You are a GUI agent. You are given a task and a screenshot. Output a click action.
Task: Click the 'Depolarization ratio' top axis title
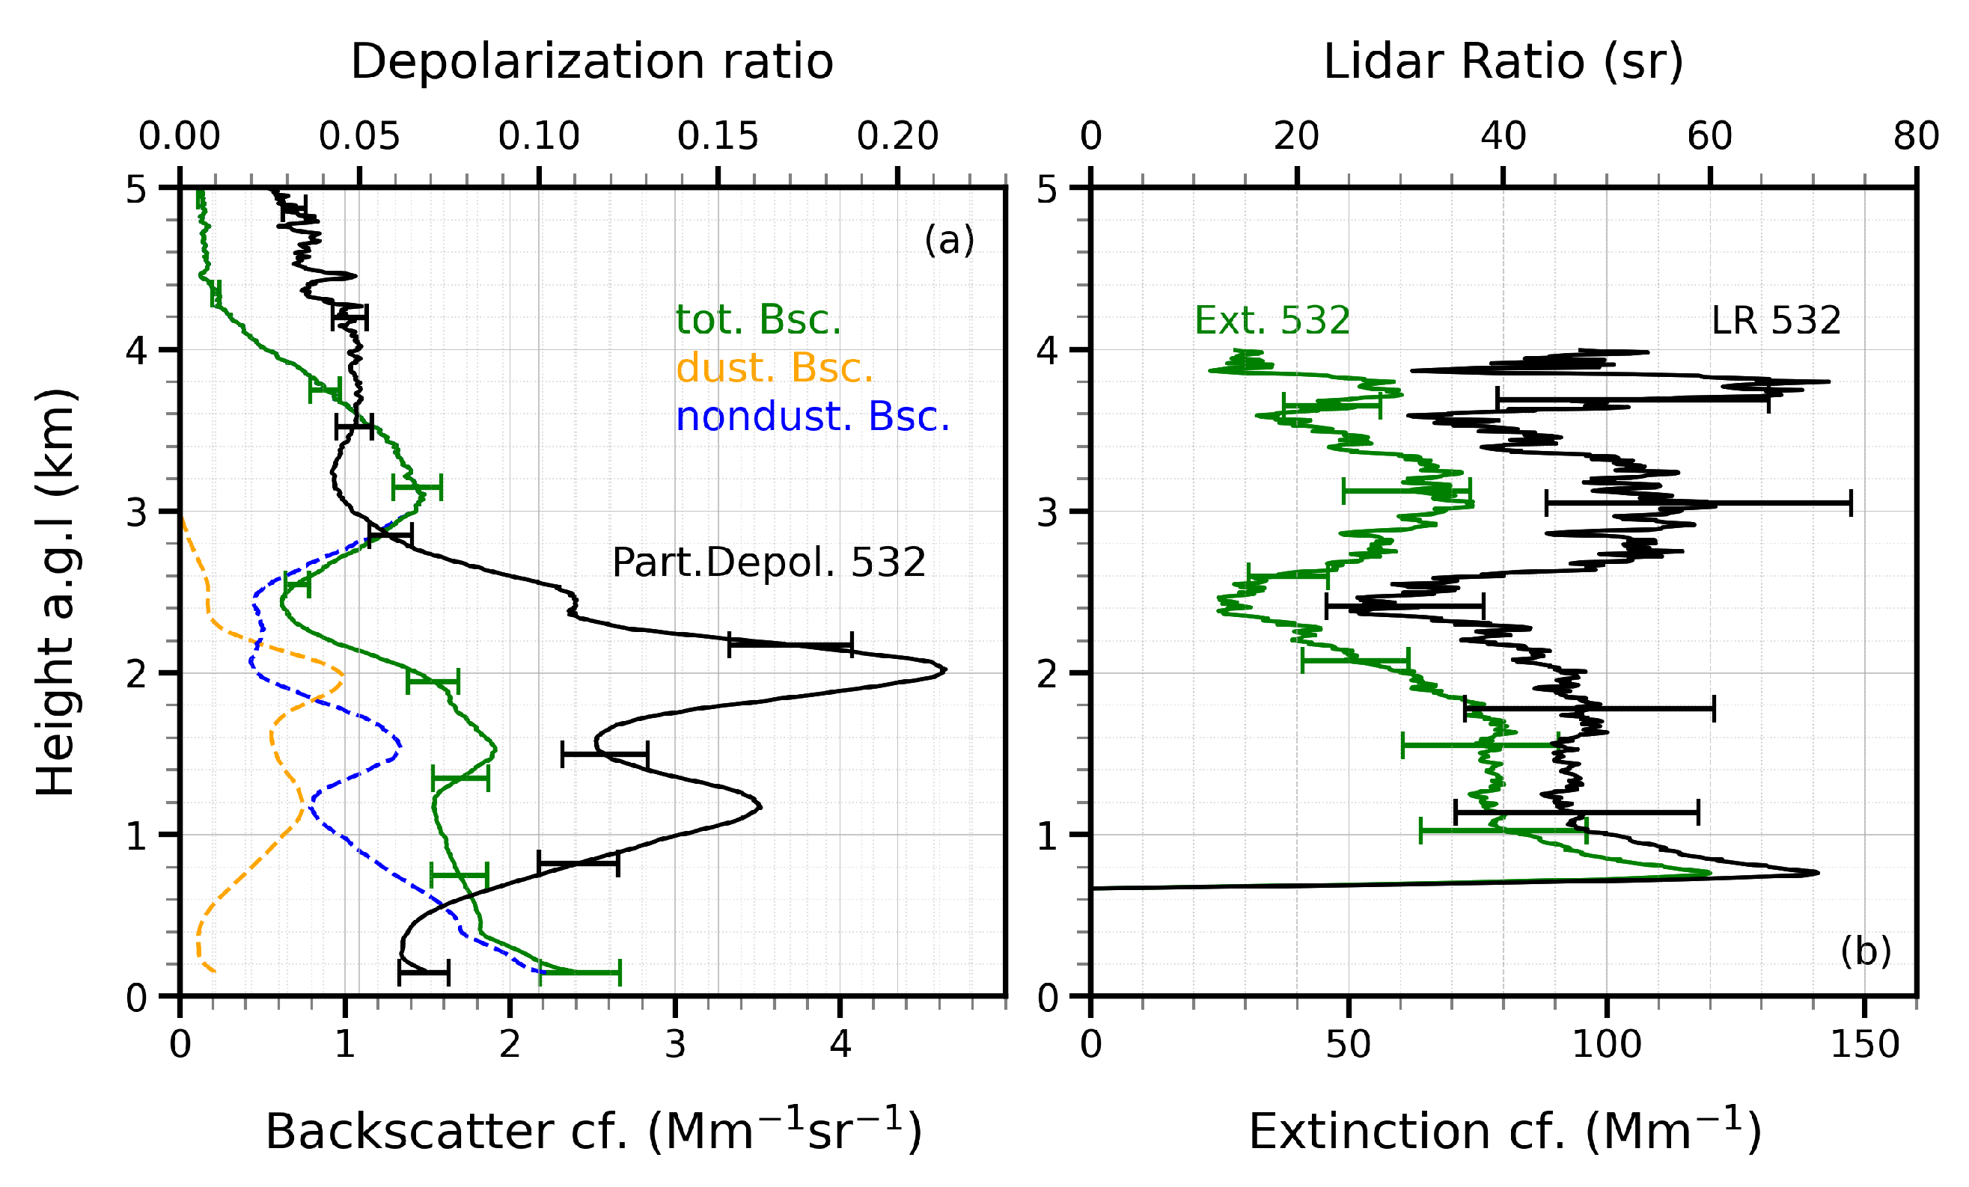[x=591, y=62]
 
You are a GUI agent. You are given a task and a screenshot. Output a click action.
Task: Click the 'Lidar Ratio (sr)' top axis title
[x=1502, y=62]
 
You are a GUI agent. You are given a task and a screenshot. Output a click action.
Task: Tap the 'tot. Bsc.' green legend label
[x=758, y=319]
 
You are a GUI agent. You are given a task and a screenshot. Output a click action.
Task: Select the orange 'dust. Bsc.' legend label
[x=775, y=368]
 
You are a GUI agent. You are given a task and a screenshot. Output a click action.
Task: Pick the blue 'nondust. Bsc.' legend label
[x=813, y=416]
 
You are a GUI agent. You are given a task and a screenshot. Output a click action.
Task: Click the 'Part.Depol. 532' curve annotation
[x=768, y=562]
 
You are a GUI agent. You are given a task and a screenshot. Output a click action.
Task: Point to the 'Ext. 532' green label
[x=1272, y=320]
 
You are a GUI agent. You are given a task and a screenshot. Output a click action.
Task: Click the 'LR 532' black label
[x=1776, y=320]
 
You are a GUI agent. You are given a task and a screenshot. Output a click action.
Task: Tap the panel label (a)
[x=948, y=239]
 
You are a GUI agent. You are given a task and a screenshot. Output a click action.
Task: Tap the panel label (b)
[x=1865, y=951]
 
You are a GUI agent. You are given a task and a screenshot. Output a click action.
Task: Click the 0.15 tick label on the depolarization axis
[x=718, y=137]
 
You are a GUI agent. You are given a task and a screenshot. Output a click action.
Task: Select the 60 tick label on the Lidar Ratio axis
[x=1709, y=137]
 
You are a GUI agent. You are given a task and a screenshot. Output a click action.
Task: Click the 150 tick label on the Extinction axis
[x=1864, y=1045]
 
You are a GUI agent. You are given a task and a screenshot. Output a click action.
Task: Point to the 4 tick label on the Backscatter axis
[x=840, y=1045]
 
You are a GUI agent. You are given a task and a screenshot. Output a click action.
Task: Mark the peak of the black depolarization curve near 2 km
[x=944, y=670]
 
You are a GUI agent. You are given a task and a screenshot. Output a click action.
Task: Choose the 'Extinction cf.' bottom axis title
[x=1504, y=1131]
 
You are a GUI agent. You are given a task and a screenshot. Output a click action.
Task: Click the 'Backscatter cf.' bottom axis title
[x=593, y=1131]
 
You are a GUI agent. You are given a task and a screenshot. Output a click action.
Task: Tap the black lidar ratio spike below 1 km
[x=1817, y=872]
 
